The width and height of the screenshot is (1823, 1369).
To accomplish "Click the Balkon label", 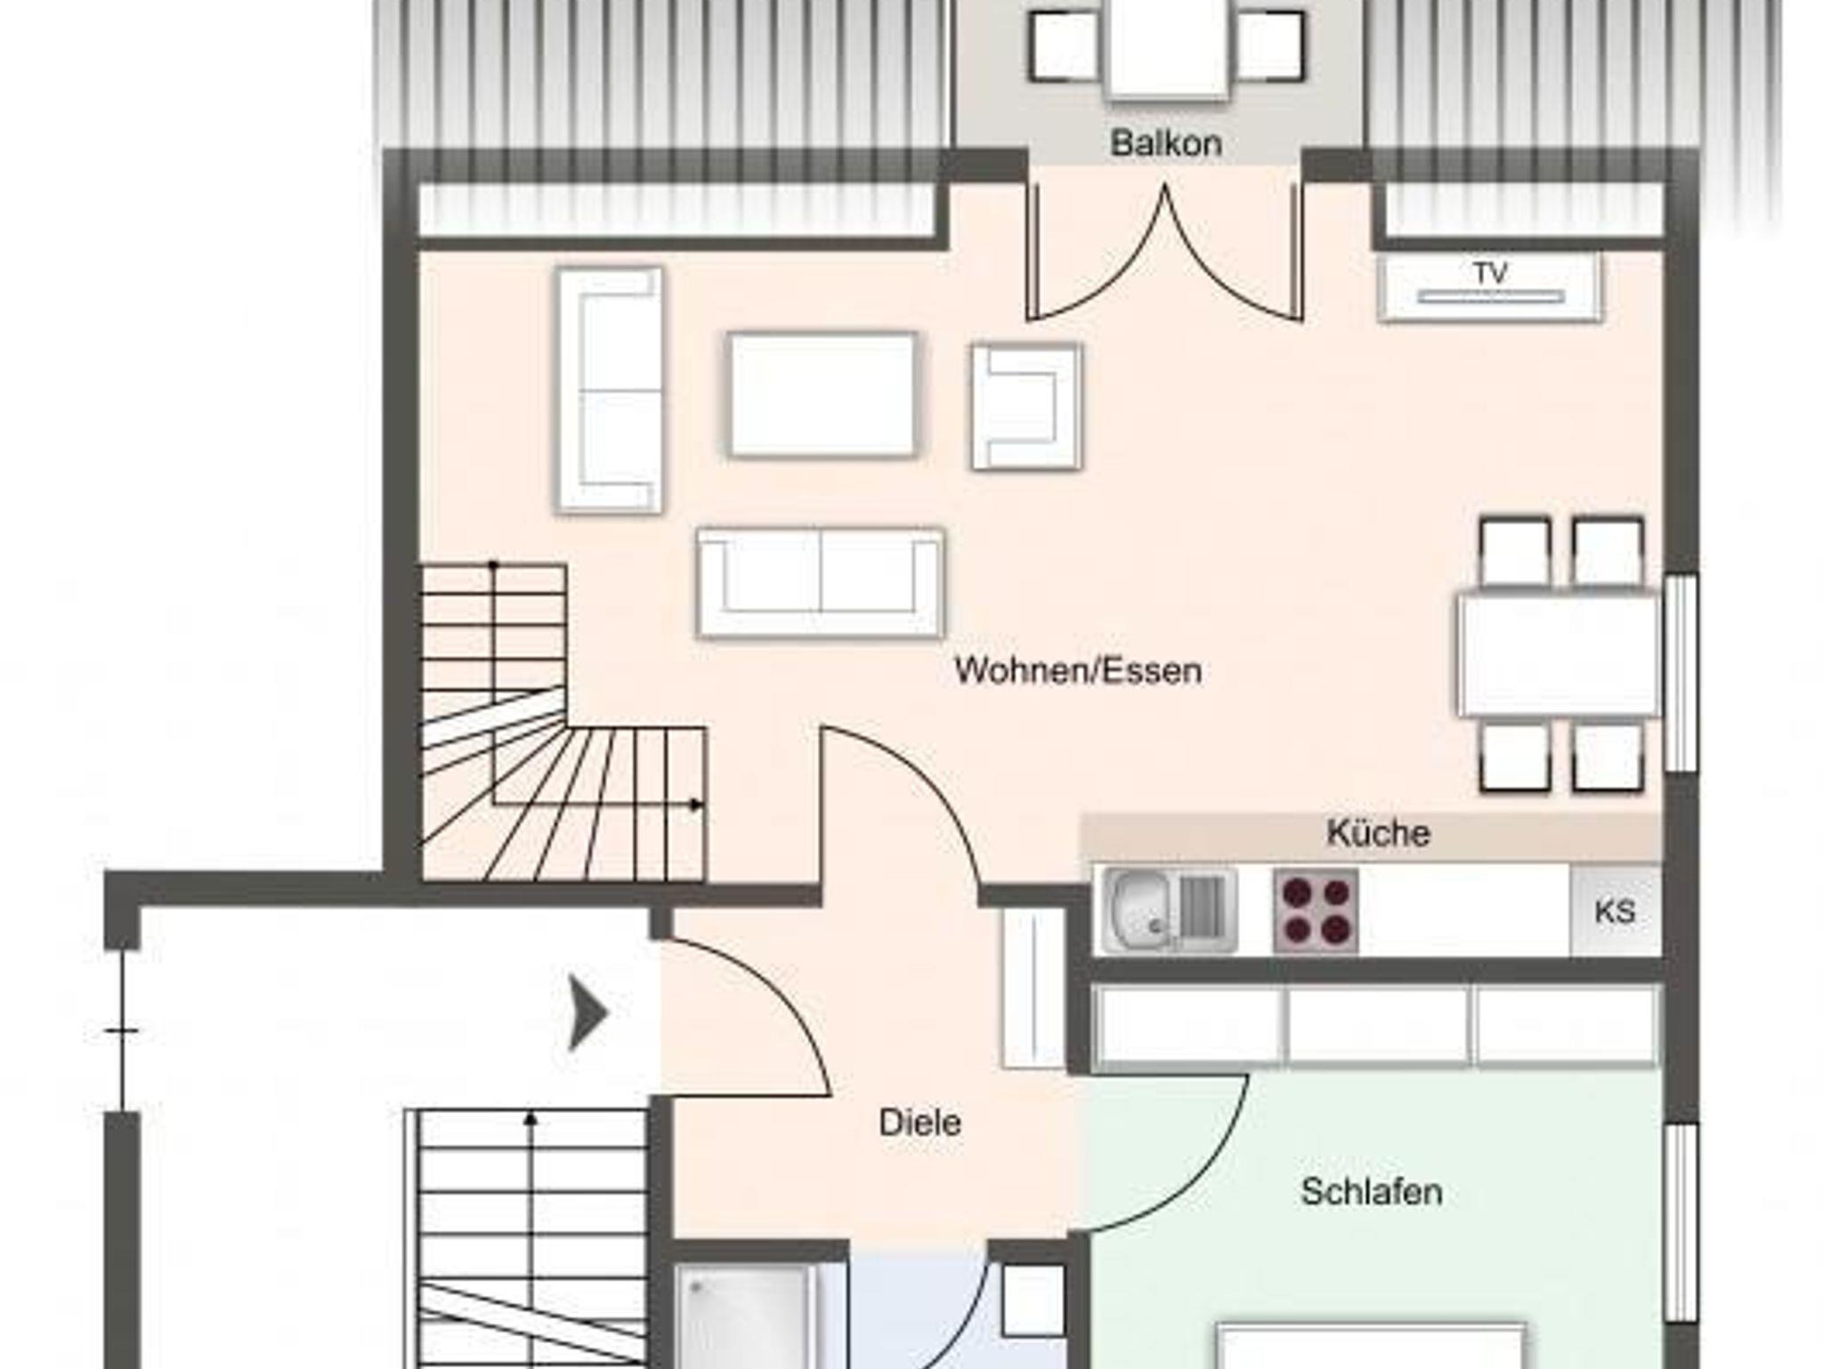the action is coord(1165,143).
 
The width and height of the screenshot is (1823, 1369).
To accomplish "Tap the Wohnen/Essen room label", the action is coord(1078,670).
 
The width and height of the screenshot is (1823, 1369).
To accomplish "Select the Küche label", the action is coord(1378,833).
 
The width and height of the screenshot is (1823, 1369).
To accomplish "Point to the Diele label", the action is coord(920,1122).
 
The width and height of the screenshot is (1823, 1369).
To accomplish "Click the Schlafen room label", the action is coord(1371,1192).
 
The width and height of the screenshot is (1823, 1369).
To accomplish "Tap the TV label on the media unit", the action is coord(1490,272).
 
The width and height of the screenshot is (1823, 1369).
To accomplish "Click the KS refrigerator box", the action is coord(1615,911).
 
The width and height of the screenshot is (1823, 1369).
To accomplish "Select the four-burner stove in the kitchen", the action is coord(1316,911).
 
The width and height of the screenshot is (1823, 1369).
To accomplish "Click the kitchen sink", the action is coord(1169,911).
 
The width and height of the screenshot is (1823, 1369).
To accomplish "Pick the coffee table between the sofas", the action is coord(822,394).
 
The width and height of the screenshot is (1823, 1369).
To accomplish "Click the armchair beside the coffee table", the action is coord(1026,407).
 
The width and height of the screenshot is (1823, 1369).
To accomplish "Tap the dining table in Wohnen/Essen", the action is coord(1559,656).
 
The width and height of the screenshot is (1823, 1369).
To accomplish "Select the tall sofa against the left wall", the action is coord(610,390).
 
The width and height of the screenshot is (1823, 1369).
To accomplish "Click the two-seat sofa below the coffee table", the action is coord(821,583).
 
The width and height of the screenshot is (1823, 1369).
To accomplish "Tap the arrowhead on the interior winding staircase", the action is coord(696,805).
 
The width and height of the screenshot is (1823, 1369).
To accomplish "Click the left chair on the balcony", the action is coord(1065,45).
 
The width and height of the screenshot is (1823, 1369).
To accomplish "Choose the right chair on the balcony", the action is coord(1270,45).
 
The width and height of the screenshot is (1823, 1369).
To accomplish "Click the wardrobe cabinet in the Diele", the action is coord(1033,987).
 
